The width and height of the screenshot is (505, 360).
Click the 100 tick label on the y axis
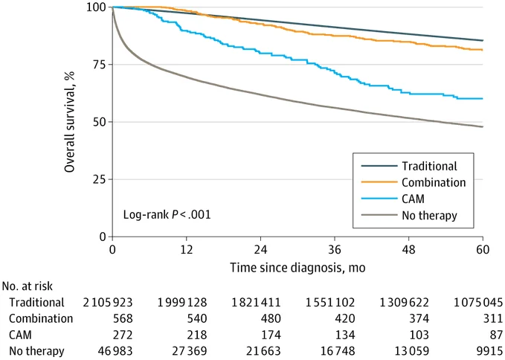pos(94,7)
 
